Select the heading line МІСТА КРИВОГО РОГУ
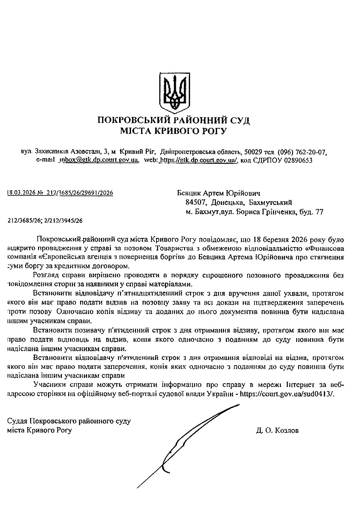coord(173,131)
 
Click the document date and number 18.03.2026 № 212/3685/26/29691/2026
coord(60,193)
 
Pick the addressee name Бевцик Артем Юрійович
coord(218,193)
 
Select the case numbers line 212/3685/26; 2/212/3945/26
coord(45,221)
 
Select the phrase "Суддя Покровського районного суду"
coord(69,421)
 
